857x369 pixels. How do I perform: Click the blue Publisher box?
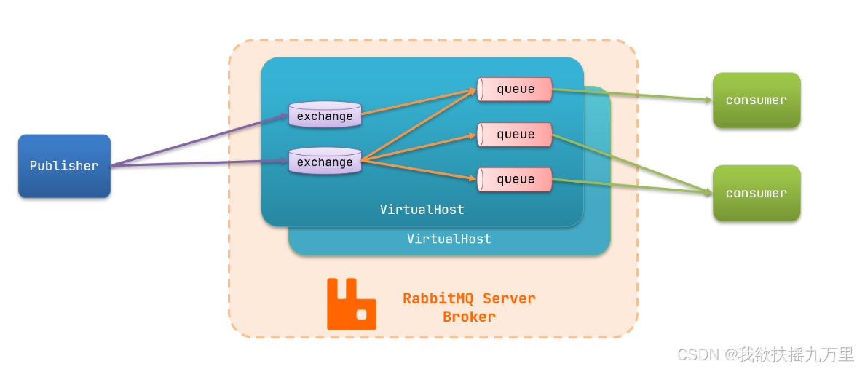(64, 166)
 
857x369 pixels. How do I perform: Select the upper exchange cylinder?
(325, 116)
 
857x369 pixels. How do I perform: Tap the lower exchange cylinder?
(325, 162)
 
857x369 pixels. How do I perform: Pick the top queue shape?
(515, 90)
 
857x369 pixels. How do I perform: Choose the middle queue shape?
(515, 135)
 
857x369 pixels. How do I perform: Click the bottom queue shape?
(515, 180)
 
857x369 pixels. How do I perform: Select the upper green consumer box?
(757, 100)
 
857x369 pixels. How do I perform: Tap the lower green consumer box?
(757, 194)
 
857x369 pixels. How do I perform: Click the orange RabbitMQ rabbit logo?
(351, 304)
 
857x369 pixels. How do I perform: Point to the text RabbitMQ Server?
(469, 298)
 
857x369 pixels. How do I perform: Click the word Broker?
(469, 317)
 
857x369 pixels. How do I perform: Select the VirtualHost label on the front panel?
(422, 210)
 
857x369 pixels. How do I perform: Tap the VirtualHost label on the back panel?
(449, 239)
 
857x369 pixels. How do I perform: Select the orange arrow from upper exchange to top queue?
(419, 103)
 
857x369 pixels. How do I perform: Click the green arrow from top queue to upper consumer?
(632, 95)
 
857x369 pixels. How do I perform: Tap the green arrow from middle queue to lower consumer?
(632, 163)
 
